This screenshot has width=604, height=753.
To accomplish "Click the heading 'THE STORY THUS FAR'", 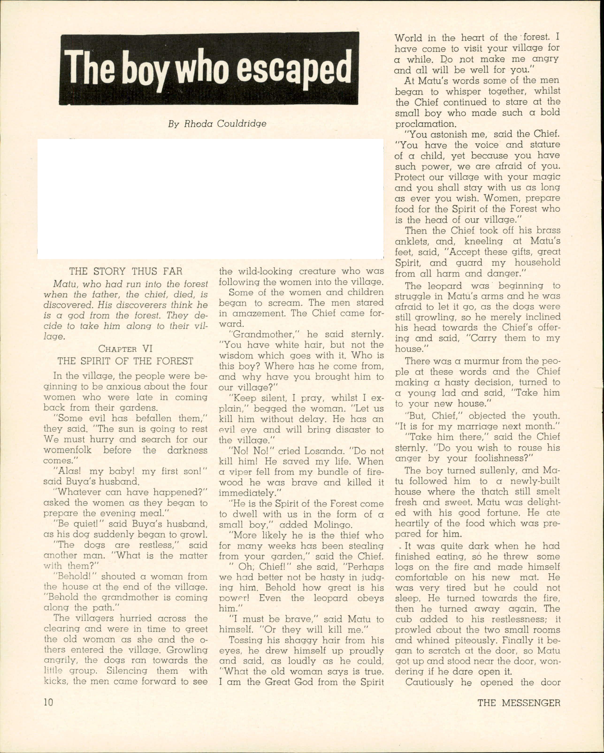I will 126,271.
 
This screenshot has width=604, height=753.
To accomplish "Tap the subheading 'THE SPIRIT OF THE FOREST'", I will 125,361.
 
